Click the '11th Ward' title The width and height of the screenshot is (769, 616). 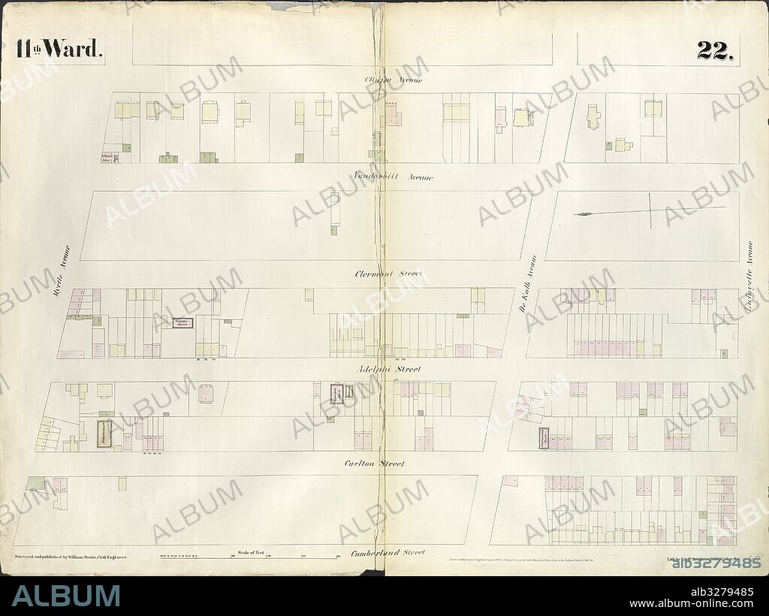58,50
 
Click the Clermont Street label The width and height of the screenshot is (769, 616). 388,274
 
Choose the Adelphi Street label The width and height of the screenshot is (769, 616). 388,369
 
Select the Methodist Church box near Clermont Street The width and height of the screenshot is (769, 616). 182,323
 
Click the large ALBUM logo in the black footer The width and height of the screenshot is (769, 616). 66,596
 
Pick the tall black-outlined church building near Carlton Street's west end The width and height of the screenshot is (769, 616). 104,434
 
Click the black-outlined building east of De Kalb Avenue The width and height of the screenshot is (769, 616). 543,437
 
